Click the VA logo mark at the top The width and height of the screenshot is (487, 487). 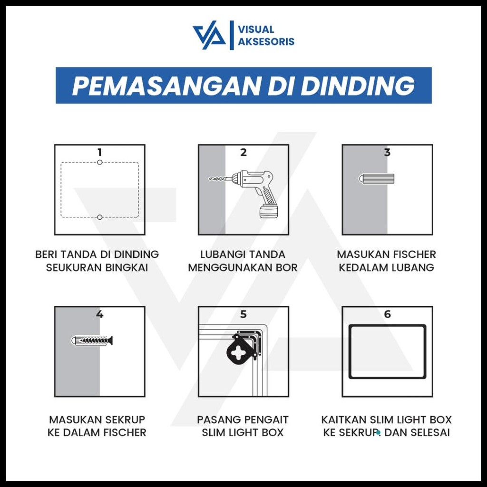point(209,36)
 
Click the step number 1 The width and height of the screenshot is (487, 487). point(99,152)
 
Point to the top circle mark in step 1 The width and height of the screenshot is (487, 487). point(99,163)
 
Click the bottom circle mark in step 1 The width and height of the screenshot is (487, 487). point(99,217)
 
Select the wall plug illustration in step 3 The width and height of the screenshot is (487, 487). point(376,179)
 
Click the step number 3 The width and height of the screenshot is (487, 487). point(387,152)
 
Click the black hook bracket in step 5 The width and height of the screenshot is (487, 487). point(243,351)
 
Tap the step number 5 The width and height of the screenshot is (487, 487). point(243,314)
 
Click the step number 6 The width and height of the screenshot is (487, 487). point(387,314)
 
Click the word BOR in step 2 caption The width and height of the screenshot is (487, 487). point(287,268)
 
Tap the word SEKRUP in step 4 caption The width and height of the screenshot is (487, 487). point(124,420)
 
